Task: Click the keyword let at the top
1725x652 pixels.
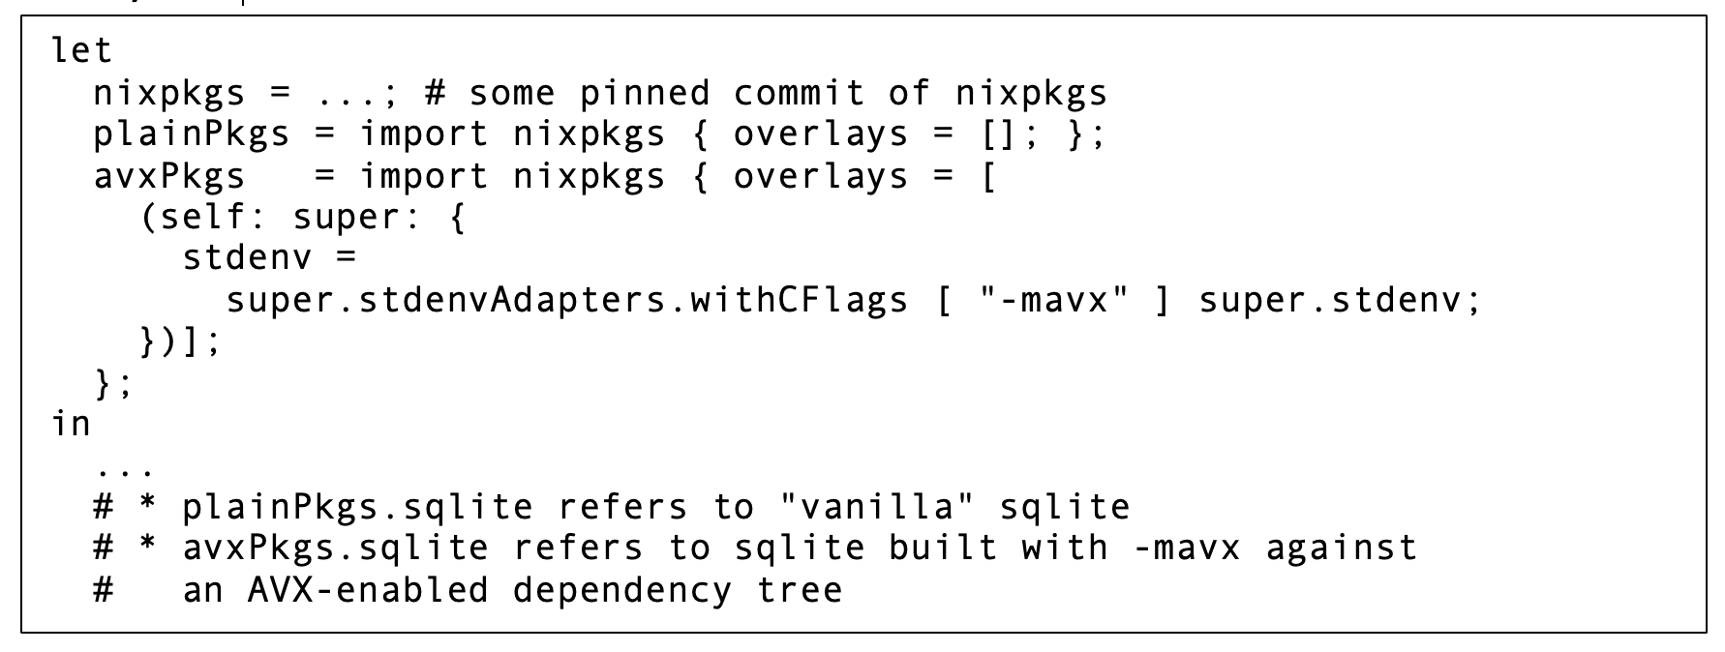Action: click(x=81, y=50)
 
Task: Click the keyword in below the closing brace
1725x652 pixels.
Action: click(x=71, y=423)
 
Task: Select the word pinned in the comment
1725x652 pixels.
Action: click(x=645, y=93)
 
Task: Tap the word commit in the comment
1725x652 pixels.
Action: click(x=799, y=93)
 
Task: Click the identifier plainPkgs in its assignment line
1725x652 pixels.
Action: click(x=192, y=134)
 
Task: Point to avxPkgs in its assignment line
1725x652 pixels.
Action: click(x=169, y=176)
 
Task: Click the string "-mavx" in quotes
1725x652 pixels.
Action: click(x=1055, y=300)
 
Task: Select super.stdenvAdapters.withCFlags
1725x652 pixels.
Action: click(x=567, y=300)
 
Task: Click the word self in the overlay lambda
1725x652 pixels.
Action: click(x=202, y=218)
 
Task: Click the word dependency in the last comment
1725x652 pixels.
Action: click(x=622, y=590)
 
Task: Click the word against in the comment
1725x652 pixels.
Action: click(x=1341, y=548)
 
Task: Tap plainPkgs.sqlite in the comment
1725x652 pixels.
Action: click(x=357, y=507)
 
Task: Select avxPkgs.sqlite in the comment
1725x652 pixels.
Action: click(x=335, y=548)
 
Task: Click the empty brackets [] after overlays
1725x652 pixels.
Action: click(x=998, y=134)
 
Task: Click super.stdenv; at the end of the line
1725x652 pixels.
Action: click(x=1340, y=300)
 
